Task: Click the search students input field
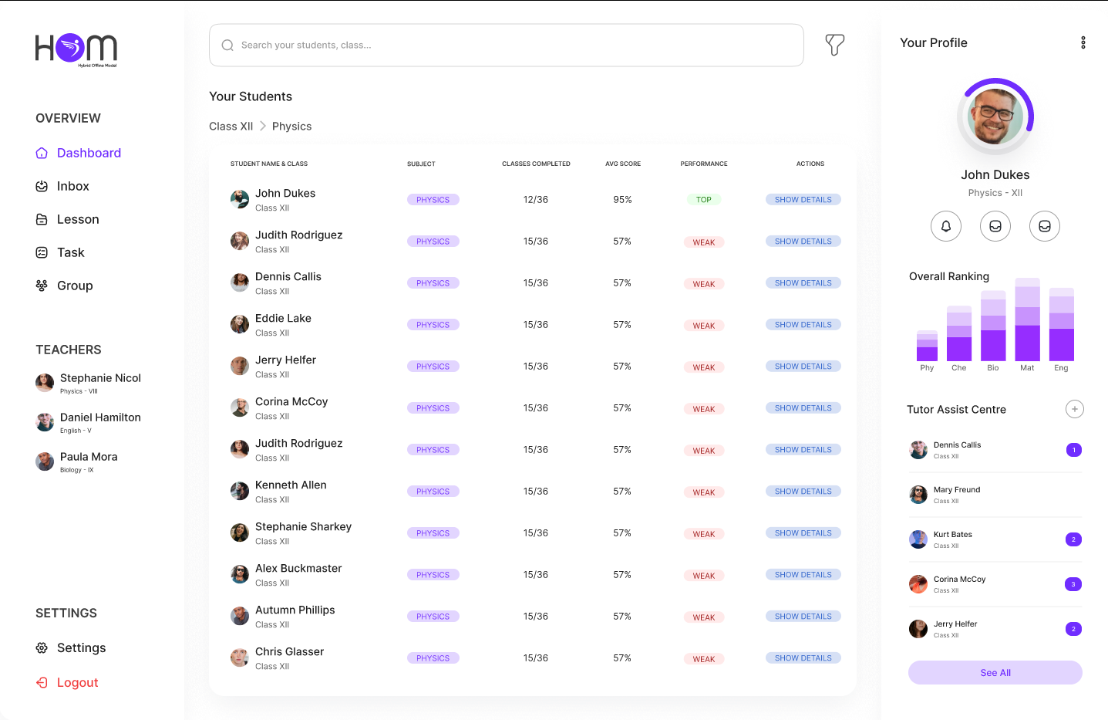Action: pos(506,46)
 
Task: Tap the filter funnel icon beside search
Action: pos(834,45)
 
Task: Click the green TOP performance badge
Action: pos(703,200)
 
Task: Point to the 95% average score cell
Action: pos(622,200)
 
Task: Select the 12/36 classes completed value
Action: pos(536,200)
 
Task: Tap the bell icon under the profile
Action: pos(946,226)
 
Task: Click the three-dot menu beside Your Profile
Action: pos(1083,43)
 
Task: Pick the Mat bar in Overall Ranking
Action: pos(1027,319)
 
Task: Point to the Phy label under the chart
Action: pos(927,368)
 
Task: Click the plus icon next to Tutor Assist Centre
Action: pos(1074,409)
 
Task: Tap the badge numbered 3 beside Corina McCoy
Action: pos(1073,584)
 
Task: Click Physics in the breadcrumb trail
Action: pos(291,127)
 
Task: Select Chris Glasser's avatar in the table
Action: pos(240,658)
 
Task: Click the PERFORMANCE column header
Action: pos(703,164)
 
